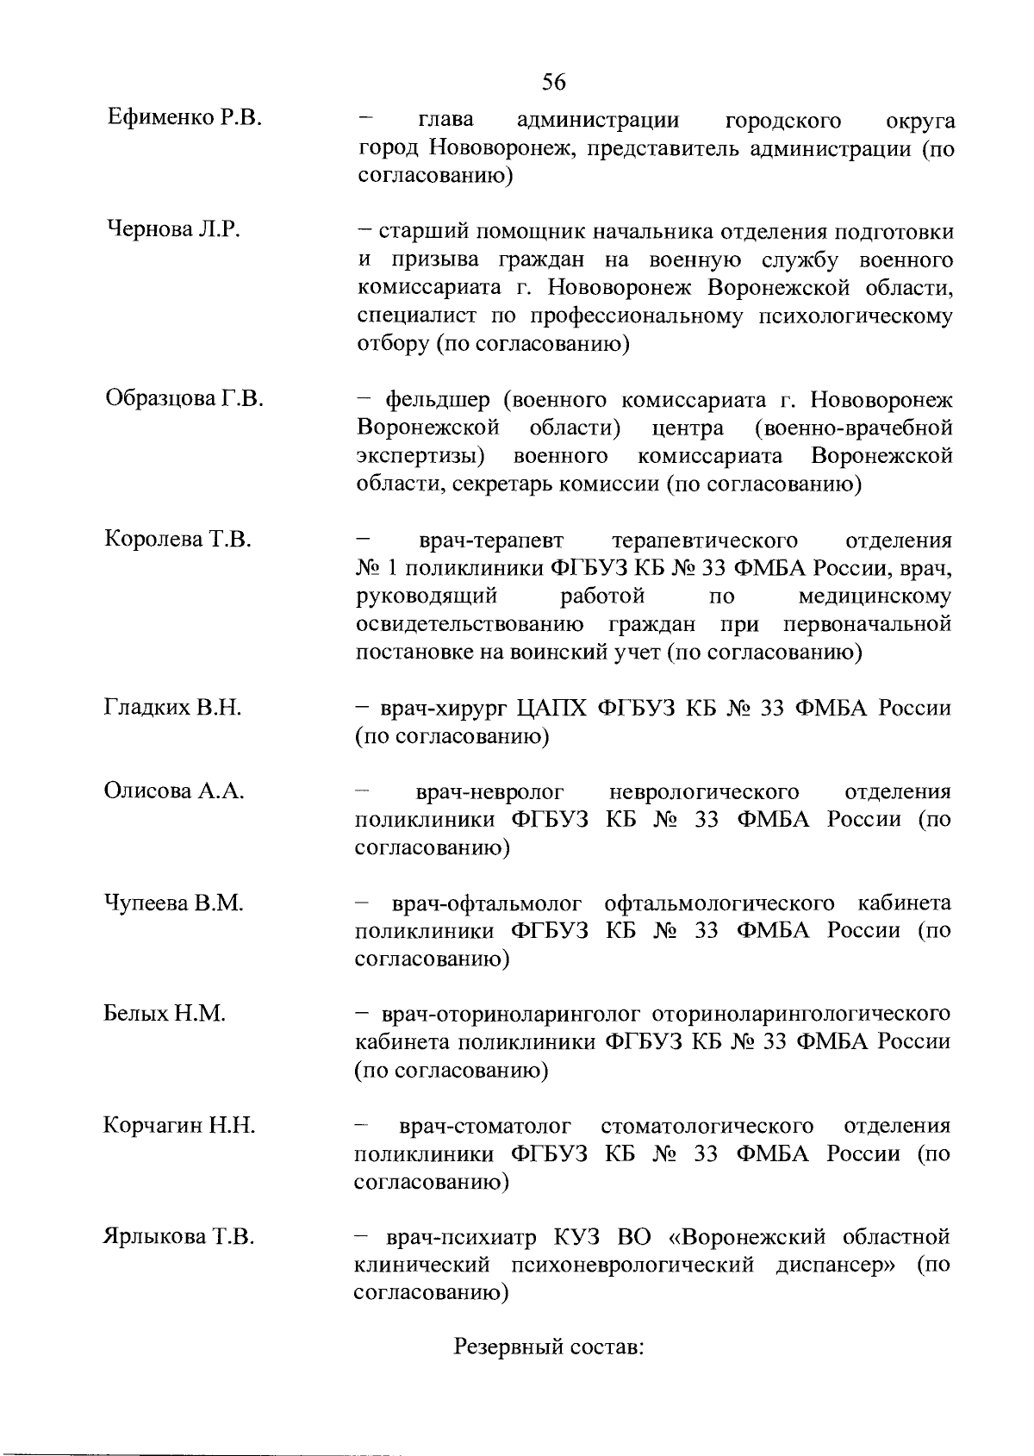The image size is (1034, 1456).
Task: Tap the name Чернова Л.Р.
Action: point(172,229)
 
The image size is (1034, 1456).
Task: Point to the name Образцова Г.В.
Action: point(184,398)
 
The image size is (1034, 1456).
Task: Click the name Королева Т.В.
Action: point(178,540)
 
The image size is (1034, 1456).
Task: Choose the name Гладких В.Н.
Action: point(172,708)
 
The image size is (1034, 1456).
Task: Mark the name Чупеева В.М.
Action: point(174,903)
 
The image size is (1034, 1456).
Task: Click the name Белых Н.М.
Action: point(164,1014)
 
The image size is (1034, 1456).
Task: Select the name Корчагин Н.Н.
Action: point(179,1126)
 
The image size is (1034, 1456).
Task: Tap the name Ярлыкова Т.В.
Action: point(178,1237)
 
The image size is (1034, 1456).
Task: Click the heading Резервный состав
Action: point(549,1347)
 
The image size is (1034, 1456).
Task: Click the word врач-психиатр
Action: point(460,1238)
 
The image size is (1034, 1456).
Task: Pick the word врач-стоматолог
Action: point(486,1127)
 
